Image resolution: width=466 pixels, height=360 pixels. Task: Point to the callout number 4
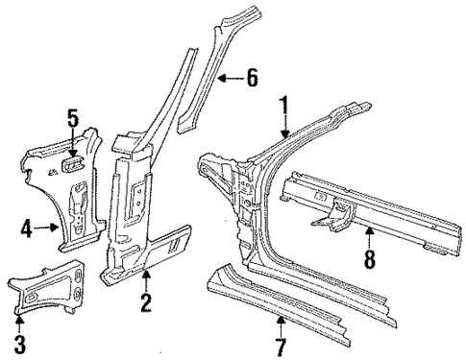pyautogui.click(x=27, y=228)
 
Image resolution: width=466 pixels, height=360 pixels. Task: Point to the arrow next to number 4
pyautogui.click(x=48, y=228)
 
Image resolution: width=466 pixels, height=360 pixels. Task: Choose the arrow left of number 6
pyautogui.click(x=228, y=77)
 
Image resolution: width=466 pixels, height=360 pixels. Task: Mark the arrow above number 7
pyautogui.click(x=279, y=322)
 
